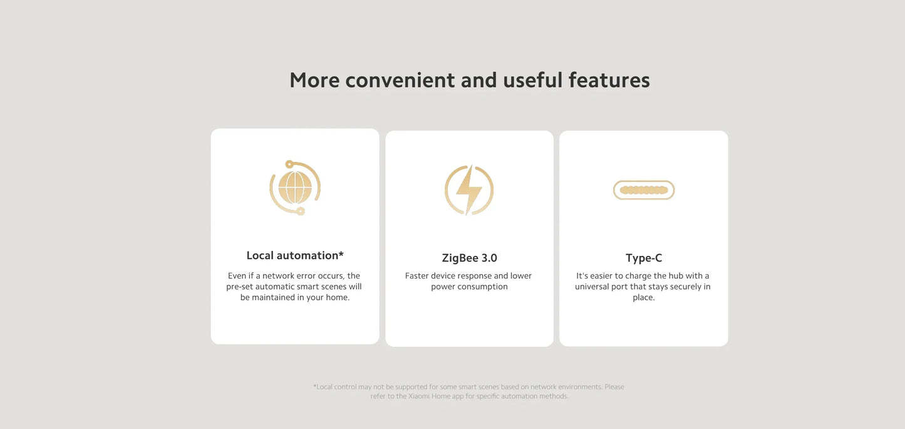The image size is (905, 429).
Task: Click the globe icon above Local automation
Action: pyautogui.click(x=294, y=188)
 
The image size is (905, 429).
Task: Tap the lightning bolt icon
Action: pyautogui.click(x=469, y=189)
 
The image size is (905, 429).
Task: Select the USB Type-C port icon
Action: pyautogui.click(x=644, y=190)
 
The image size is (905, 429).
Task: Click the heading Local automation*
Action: pyautogui.click(x=295, y=255)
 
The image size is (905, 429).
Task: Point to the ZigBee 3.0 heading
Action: pyautogui.click(x=469, y=258)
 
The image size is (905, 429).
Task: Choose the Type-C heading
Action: pyautogui.click(x=644, y=258)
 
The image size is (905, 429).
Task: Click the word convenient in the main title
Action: pyautogui.click(x=400, y=80)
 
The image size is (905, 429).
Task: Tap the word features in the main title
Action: pyautogui.click(x=609, y=80)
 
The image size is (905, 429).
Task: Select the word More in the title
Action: pyautogui.click(x=314, y=80)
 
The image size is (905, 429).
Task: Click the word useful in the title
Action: pyautogui.click(x=533, y=80)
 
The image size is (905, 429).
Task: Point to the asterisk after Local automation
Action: pyautogui.click(x=341, y=254)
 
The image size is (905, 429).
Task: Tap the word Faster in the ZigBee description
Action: pyautogui.click(x=416, y=276)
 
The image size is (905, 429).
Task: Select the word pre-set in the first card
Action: pyautogui.click(x=240, y=287)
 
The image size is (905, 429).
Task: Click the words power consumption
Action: pyautogui.click(x=469, y=287)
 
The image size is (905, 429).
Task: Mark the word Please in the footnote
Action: pyautogui.click(x=614, y=387)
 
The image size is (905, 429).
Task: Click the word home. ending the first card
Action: pyautogui.click(x=337, y=297)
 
